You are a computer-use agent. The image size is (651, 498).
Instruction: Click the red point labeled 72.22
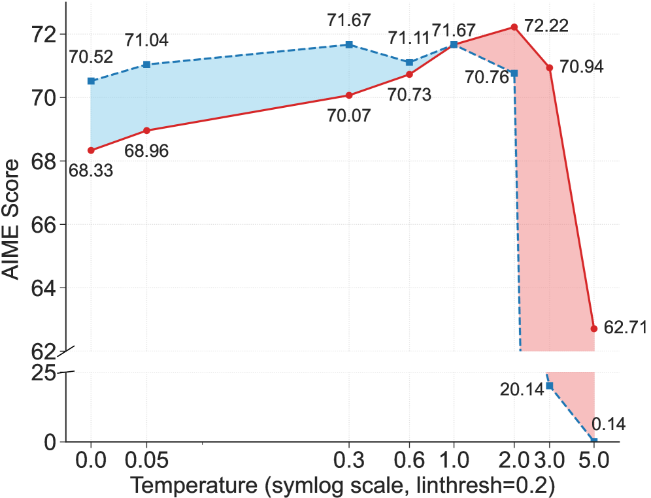514,27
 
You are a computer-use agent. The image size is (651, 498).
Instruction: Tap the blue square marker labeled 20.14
550,386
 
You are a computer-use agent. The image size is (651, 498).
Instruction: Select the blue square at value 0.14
594,441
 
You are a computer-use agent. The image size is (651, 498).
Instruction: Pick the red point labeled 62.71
594,328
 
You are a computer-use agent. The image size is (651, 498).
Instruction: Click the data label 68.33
92,171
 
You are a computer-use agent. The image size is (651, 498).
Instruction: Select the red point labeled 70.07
349,95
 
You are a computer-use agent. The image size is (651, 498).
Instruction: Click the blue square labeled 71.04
146,64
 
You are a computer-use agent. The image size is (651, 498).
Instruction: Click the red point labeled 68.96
146,130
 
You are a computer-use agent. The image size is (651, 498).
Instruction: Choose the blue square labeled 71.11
410,62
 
